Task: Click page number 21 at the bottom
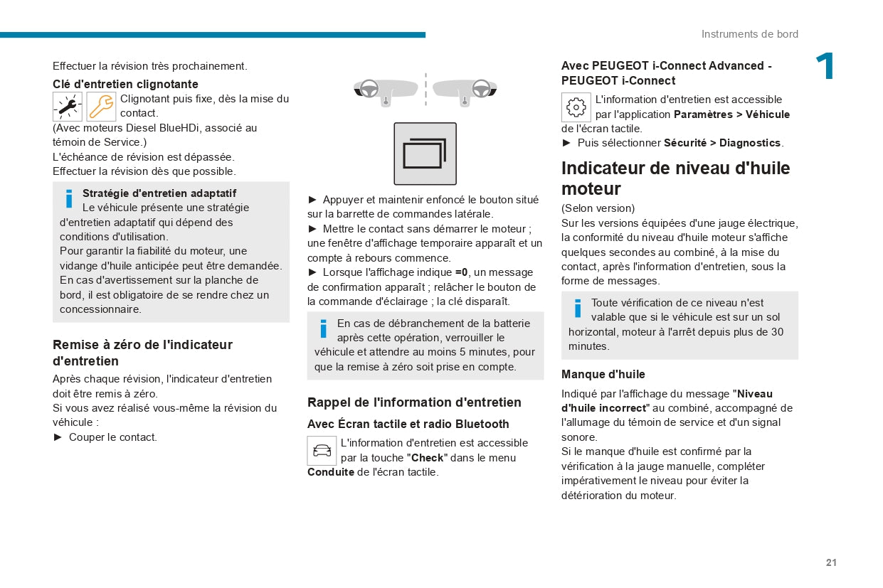[831, 562]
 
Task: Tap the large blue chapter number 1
[825, 67]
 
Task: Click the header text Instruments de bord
[749, 34]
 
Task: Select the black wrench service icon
[68, 107]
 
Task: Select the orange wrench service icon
[101, 107]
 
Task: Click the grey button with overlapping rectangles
[425, 154]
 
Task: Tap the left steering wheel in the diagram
[369, 89]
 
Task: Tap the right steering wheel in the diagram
[481, 89]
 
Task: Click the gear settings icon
[576, 107]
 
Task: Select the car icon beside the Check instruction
[322, 451]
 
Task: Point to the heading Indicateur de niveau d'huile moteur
[675, 178]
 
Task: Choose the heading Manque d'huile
[603, 374]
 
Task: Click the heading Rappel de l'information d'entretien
[414, 402]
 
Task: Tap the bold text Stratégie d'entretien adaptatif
[159, 193]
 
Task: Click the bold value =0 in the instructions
[462, 272]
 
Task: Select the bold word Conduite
[330, 472]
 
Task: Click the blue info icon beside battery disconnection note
[323, 328]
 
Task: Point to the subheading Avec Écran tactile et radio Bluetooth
[408, 424]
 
